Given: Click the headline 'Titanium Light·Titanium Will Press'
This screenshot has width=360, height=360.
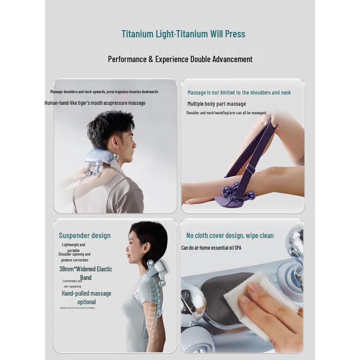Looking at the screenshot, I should click(x=183, y=34).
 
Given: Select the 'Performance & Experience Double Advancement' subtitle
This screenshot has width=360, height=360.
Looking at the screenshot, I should click(x=180, y=59).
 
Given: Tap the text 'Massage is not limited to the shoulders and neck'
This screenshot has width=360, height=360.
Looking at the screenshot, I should click(x=239, y=93).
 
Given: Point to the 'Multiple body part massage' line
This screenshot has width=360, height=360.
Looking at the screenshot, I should click(x=216, y=104).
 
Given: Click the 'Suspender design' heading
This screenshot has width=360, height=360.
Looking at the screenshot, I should click(x=85, y=235).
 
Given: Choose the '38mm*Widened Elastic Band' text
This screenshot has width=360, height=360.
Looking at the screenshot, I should click(x=85, y=273).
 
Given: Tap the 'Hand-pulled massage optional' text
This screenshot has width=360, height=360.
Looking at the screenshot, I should click(x=86, y=297).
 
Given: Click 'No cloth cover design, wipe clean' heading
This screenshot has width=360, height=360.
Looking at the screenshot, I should click(x=230, y=236).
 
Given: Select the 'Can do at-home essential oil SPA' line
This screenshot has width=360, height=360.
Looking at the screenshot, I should click(x=211, y=248).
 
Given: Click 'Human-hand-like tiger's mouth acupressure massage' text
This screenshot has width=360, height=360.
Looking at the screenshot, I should click(x=95, y=103).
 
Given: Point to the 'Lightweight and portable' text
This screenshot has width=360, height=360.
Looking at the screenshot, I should click(x=73, y=247).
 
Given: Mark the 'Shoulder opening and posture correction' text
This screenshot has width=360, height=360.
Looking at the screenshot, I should click(x=74, y=257).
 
